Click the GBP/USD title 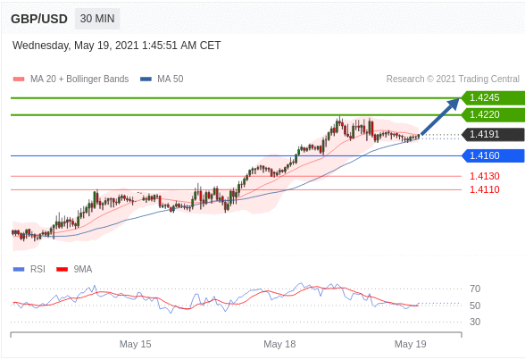coord(39,19)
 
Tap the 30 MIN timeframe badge coord(97,19)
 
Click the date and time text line coord(116,46)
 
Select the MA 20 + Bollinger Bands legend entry coord(71,79)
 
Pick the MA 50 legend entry coord(162,79)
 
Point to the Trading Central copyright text coord(453,79)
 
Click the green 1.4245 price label coord(493,97)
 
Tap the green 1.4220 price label coord(493,115)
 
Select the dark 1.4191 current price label coord(493,134)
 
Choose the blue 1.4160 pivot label coord(493,155)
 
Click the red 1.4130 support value coord(485,176)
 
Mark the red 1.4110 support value coord(485,189)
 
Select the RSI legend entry coord(29,269)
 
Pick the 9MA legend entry coord(74,269)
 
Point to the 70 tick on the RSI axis coord(475,289)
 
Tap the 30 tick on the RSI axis coord(475,322)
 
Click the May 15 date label coord(136,344)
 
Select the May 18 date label coord(279,344)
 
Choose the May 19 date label coord(410,344)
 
